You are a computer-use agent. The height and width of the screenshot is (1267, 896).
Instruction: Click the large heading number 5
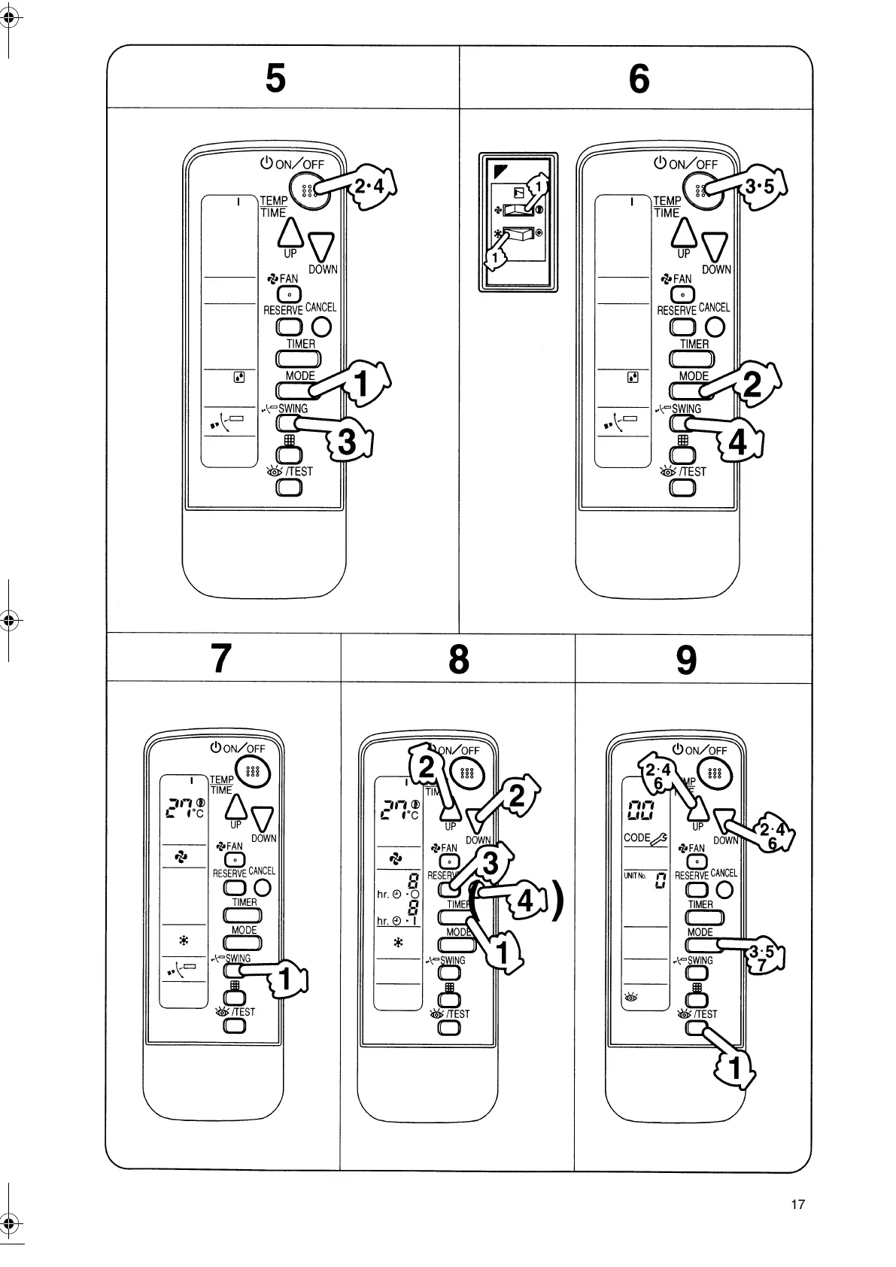[x=276, y=77]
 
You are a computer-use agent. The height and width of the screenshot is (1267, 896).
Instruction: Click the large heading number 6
[x=639, y=78]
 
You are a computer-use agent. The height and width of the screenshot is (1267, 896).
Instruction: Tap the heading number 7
[x=220, y=659]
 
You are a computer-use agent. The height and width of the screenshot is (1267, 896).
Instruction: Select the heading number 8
[x=458, y=660]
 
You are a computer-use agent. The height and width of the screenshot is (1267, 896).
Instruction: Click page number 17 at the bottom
[x=797, y=1205]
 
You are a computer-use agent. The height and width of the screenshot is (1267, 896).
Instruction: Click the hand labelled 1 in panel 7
[x=287, y=979]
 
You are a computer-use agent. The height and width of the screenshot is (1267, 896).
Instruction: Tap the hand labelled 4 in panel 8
[x=524, y=900]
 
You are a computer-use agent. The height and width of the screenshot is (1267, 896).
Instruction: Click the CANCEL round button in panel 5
[x=321, y=327]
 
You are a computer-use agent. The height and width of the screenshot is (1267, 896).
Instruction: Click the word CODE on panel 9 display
[x=636, y=837]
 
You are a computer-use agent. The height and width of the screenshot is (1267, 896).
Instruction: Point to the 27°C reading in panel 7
[x=183, y=808]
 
